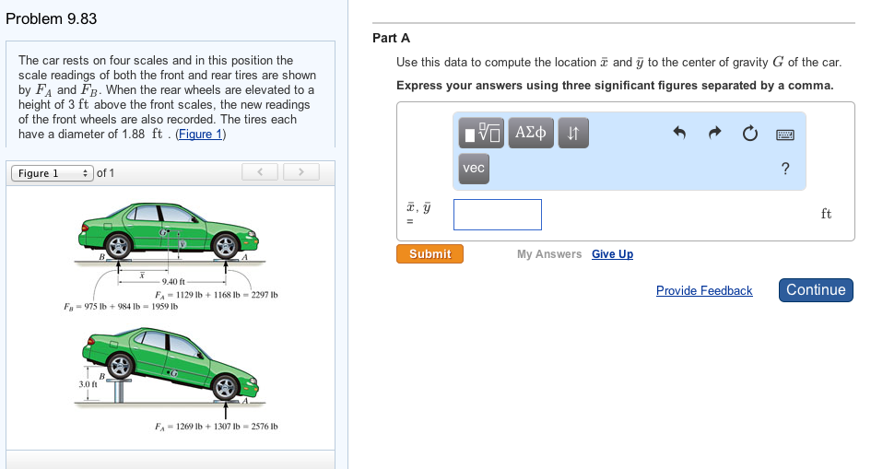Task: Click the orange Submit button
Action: (x=430, y=253)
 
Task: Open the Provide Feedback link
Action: (x=704, y=290)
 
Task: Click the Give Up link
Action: (x=612, y=254)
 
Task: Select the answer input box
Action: (x=497, y=215)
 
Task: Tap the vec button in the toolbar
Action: (x=474, y=168)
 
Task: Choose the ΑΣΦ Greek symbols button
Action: (x=530, y=134)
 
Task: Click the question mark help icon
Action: (x=785, y=168)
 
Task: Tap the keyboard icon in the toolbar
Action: (x=785, y=135)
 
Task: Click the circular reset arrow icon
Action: (x=748, y=134)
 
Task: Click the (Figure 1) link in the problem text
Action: (x=200, y=134)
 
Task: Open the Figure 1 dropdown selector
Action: (x=52, y=173)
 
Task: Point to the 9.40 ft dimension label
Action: (x=174, y=281)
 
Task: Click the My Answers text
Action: (x=549, y=254)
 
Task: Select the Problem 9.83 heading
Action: (x=51, y=18)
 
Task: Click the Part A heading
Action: (x=391, y=38)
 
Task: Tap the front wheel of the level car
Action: (x=225, y=246)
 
